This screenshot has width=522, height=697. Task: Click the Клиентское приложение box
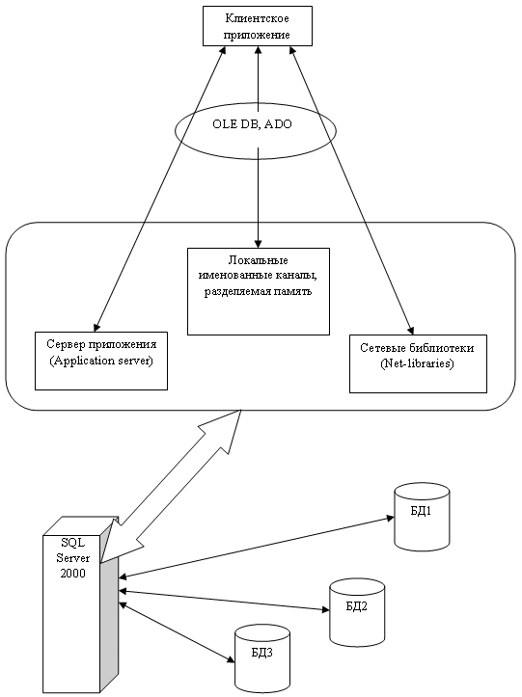pyautogui.click(x=258, y=26)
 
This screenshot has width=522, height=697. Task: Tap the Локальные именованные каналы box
pyautogui.click(x=259, y=291)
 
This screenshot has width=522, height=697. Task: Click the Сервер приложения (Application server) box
pyautogui.click(x=101, y=361)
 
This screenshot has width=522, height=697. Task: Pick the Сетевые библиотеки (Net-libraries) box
pyautogui.click(x=418, y=363)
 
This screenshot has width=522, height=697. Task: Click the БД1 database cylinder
pyautogui.click(x=422, y=517)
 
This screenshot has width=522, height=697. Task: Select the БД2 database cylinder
pyautogui.click(x=357, y=612)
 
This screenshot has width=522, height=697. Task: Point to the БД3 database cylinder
pyautogui.click(x=262, y=658)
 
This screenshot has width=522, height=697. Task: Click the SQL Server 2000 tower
pyautogui.click(x=80, y=604)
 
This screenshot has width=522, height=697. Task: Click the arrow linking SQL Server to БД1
pyautogui.click(x=257, y=548)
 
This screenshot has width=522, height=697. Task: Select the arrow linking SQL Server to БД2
pyautogui.click(x=224, y=601)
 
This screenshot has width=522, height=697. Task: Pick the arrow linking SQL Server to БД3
pyautogui.click(x=177, y=632)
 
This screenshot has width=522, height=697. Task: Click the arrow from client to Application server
pyautogui.click(x=160, y=189)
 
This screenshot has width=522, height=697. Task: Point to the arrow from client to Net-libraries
pyautogui.click(x=352, y=190)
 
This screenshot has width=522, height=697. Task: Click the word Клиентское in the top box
pyautogui.click(x=258, y=18)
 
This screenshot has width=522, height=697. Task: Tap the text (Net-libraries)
pyautogui.click(x=417, y=363)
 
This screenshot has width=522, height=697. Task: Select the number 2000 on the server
pyautogui.click(x=73, y=573)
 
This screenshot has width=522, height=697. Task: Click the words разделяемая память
pyautogui.click(x=259, y=291)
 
